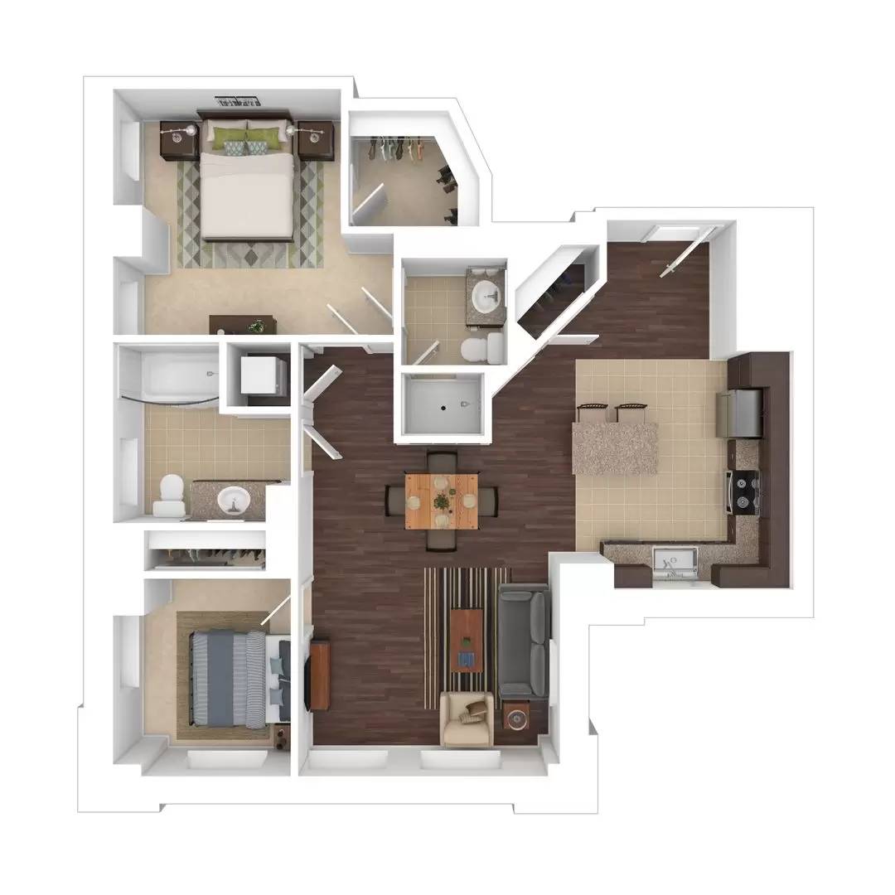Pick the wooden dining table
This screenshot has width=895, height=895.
(442, 500)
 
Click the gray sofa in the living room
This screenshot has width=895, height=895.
(524, 641)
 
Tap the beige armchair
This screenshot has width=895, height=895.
(467, 718)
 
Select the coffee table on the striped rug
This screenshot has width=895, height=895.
(467, 641)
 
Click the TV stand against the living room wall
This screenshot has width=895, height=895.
(319, 675)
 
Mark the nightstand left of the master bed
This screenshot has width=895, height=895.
(177, 140)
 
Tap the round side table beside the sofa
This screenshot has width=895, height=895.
(515, 717)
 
